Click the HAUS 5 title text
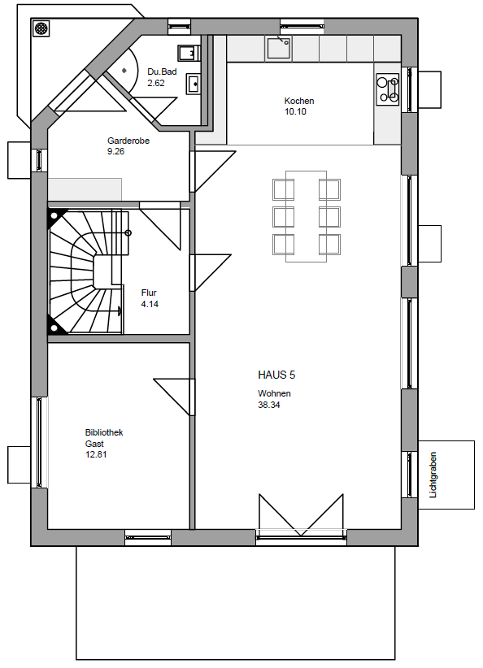[276, 375]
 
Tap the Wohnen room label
[274, 393]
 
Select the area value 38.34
[269, 405]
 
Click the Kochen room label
[299, 101]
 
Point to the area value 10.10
[295, 111]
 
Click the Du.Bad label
[162, 72]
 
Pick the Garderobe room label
[128, 141]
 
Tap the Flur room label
[149, 293]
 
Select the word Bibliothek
[104, 432]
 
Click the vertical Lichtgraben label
[433, 475]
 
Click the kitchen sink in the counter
[278, 47]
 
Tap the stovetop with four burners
[388, 89]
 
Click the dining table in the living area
[306, 216]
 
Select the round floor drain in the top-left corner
[41, 28]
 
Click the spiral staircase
[85, 271]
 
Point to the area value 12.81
[96, 454]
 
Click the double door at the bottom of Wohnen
[301, 515]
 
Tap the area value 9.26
[116, 151]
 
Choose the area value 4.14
[150, 304]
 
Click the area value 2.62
[156, 83]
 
